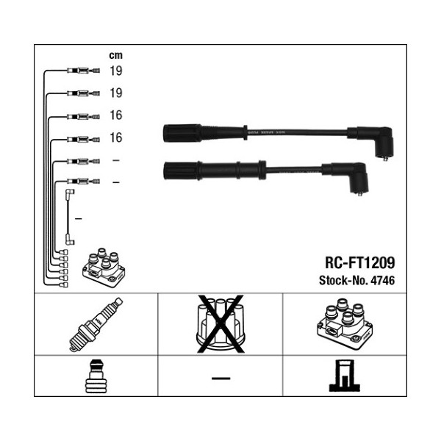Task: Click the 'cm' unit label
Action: tap(116, 55)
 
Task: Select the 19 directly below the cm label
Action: tap(116, 71)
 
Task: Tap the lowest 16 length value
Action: tap(116, 137)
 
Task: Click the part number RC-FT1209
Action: tap(359, 262)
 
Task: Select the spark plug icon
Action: tap(96, 324)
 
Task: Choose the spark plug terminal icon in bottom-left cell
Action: tap(96, 376)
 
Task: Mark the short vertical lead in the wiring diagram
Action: tap(70, 217)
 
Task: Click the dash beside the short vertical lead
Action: tap(78, 219)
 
